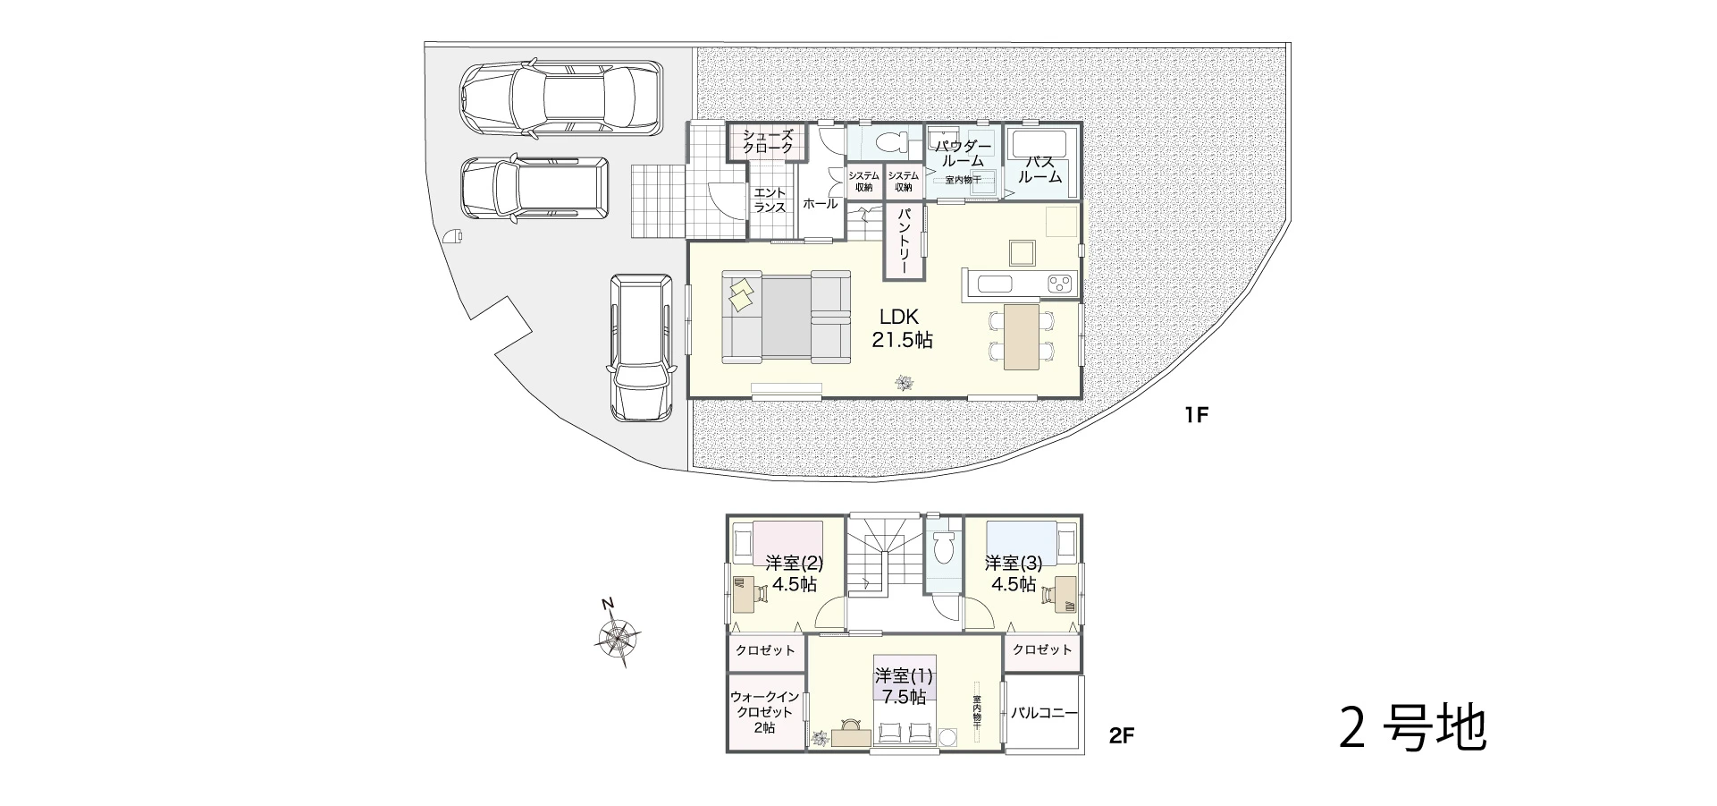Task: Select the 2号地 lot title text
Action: (1413, 729)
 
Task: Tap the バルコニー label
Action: (1044, 713)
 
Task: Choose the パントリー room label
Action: (904, 241)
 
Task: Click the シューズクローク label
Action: (768, 141)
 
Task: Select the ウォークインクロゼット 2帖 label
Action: (765, 712)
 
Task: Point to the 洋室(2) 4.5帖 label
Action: (794, 573)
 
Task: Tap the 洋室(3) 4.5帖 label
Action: (1014, 573)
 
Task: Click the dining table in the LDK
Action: (1022, 335)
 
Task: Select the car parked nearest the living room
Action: (640, 347)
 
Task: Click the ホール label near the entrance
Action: (821, 204)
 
